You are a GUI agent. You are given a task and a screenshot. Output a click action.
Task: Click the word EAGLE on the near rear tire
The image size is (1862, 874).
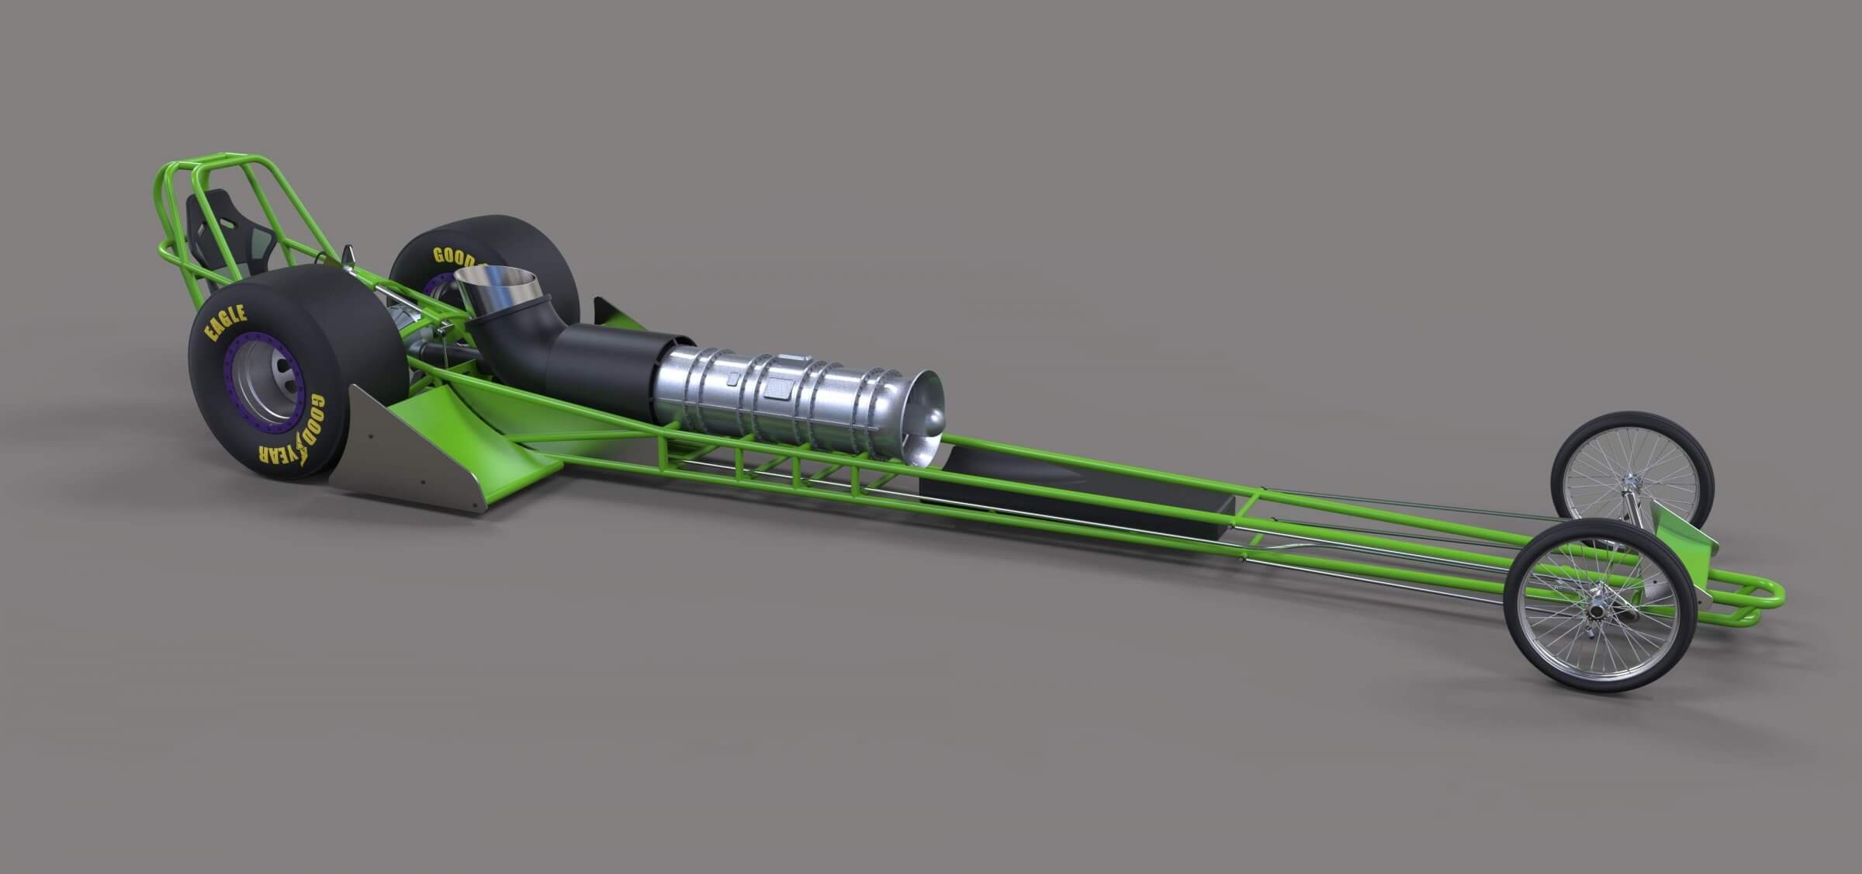[x=226, y=323]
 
